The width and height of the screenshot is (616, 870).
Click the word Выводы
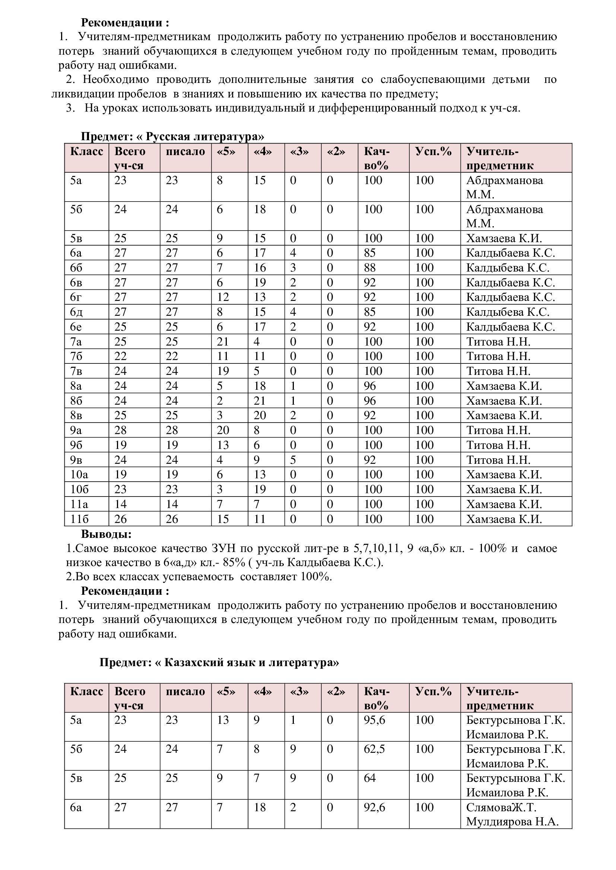106,534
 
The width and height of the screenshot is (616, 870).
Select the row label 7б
76,356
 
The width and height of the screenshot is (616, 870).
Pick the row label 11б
79,519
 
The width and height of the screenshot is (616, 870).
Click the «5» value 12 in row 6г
223,297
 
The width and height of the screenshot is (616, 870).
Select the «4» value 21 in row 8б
260,401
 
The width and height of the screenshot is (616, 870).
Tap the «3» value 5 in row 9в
293,460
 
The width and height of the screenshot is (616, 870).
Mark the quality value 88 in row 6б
370,267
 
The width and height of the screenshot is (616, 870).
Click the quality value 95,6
374,720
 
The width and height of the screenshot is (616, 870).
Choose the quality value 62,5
374,749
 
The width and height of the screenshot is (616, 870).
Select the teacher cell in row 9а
498,430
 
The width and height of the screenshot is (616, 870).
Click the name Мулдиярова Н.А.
512,822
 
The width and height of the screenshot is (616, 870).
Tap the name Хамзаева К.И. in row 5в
504,238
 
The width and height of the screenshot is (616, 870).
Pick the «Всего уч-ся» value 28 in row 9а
121,430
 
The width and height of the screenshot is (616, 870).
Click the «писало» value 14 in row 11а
172,504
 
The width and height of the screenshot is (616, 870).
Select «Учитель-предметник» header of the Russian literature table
499,158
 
